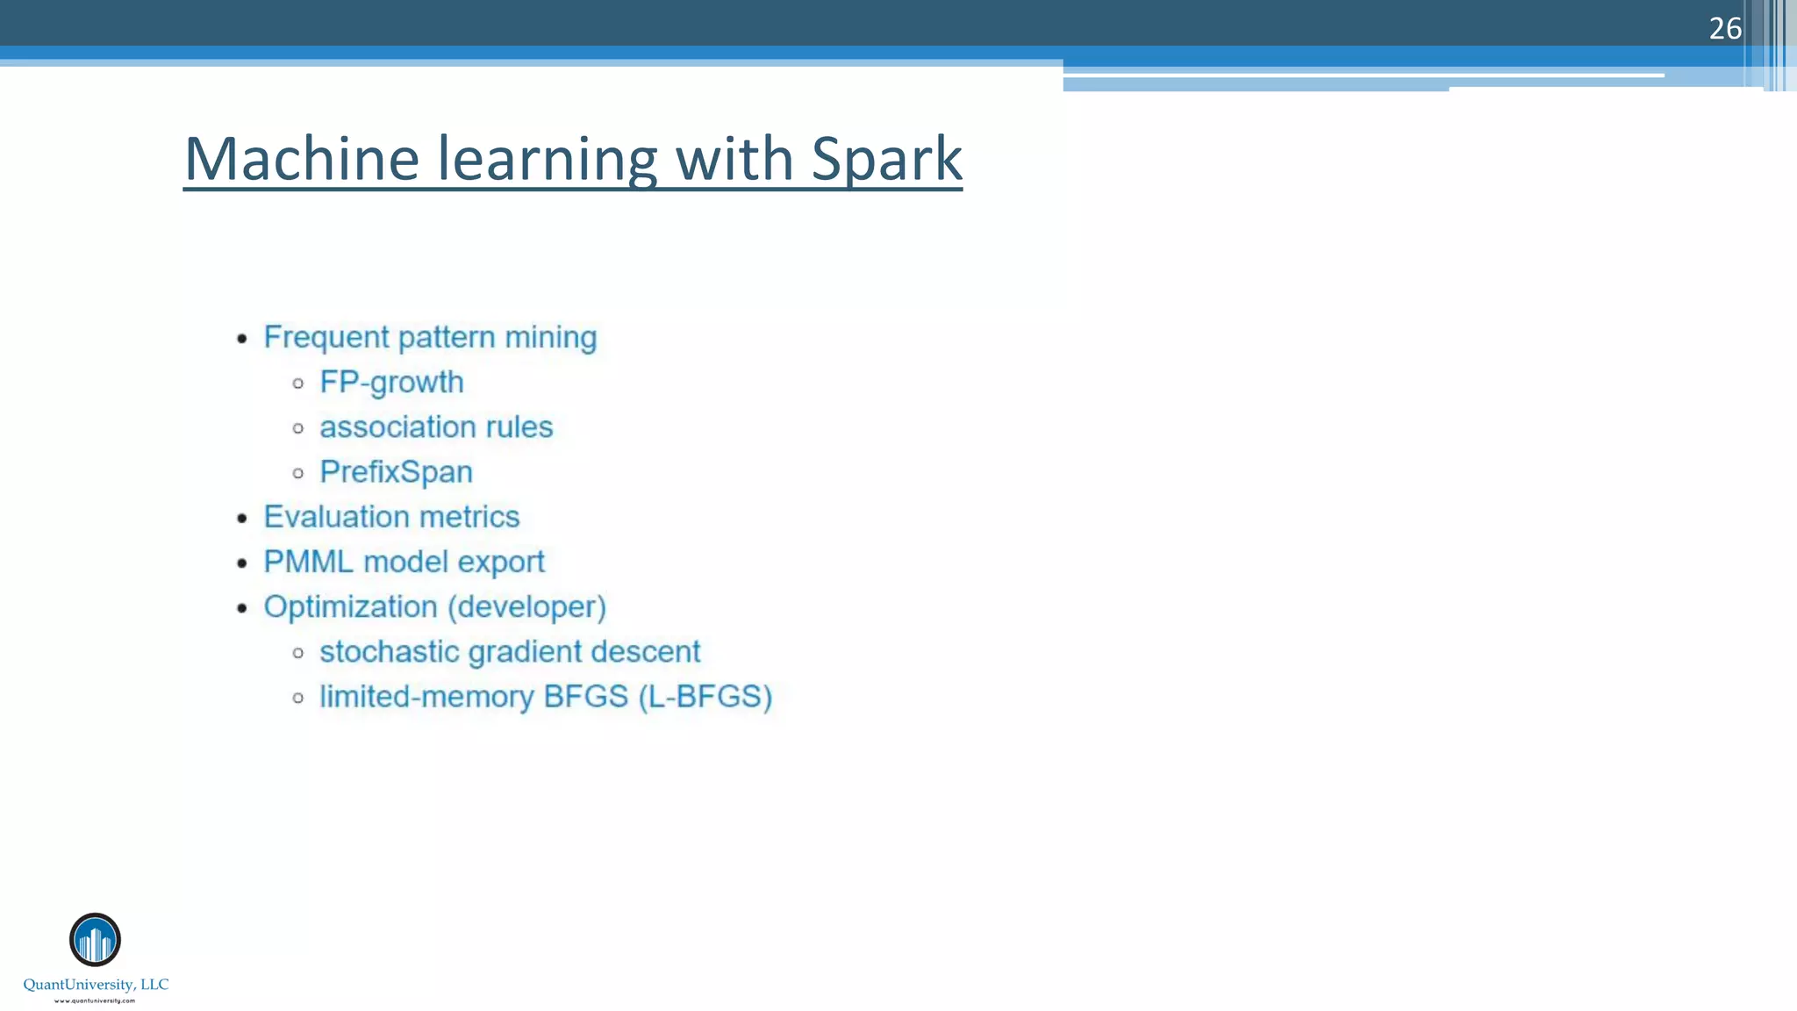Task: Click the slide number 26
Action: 1724,29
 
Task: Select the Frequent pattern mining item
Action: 430,338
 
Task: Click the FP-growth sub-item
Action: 391,383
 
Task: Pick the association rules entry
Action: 436,427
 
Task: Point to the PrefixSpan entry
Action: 396,472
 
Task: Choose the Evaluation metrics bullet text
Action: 391,517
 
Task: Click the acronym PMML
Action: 308,562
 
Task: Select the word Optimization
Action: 350,607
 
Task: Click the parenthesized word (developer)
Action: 527,607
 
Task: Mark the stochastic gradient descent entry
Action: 509,652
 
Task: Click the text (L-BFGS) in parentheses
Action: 705,697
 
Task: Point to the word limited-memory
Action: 426,697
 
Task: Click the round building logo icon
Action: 95,940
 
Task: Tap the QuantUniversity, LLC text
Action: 96,985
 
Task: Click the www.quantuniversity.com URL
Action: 95,1000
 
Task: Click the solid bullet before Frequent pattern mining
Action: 243,339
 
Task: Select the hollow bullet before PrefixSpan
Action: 298,473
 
